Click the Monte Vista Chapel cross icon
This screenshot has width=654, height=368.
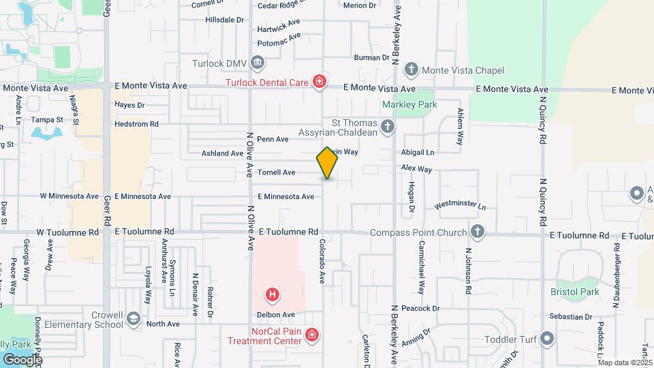[x=411, y=70]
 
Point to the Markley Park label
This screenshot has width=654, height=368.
[x=409, y=104]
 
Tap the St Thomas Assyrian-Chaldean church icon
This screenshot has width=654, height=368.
[x=387, y=126]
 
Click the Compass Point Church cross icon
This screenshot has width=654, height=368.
[x=478, y=232]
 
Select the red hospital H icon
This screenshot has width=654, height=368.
[x=272, y=295]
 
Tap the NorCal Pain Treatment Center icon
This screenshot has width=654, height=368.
[x=311, y=335]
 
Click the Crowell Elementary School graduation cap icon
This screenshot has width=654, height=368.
[x=134, y=318]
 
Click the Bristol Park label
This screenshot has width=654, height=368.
[x=574, y=292]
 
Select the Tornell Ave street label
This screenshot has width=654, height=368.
[x=276, y=172]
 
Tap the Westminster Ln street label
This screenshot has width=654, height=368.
[x=460, y=205]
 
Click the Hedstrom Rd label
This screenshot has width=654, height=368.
[x=136, y=124]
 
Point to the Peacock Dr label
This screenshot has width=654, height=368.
[x=420, y=309]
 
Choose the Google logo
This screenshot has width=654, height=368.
[x=23, y=359]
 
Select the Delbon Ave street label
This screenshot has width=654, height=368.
[x=275, y=315]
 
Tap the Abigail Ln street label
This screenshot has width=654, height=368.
[x=418, y=152]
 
